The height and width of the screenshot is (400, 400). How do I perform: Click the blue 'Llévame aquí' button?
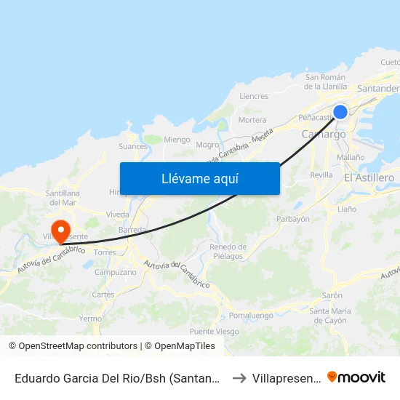click(x=199, y=178)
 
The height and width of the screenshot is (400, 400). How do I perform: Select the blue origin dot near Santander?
click(x=340, y=112)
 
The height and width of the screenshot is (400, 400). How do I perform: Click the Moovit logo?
click(x=356, y=377)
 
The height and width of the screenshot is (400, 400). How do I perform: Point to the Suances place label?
click(x=133, y=146)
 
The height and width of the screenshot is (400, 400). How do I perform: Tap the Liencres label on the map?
click(x=254, y=96)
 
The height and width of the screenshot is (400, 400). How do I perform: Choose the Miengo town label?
click(x=177, y=140)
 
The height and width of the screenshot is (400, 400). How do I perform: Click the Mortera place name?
click(x=252, y=120)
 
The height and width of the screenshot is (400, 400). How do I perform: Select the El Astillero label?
click(x=369, y=178)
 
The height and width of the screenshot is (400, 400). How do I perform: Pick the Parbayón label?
click(x=293, y=219)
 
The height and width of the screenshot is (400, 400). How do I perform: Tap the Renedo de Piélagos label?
click(x=228, y=251)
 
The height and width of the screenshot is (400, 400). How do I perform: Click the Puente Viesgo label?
click(x=214, y=332)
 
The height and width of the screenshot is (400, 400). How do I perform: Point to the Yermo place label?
click(x=90, y=319)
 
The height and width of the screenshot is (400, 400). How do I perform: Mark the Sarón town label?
click(x=332, y=296)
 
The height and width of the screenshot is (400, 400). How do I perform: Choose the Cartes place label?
click(x=103, y=295)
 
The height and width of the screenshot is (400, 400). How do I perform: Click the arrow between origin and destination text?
click(x=239, y=377)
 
